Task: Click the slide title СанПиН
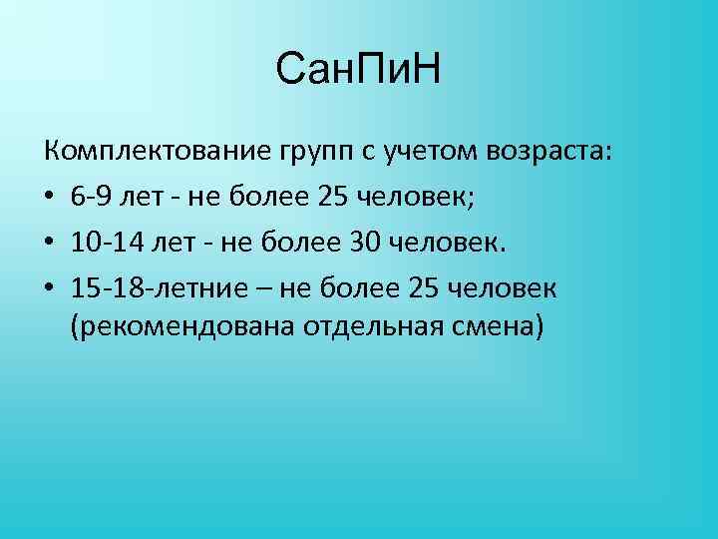[x=358, y=71]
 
